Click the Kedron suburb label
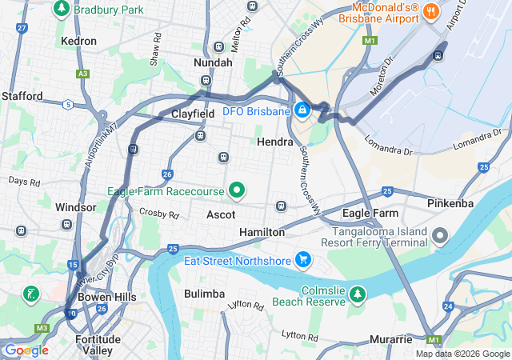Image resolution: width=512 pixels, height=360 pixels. (78, 41)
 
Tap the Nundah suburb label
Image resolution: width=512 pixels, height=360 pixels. (214, 62)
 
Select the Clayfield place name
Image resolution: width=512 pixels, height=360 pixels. (193, 114)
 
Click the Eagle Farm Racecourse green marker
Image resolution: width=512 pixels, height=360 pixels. (236, 191)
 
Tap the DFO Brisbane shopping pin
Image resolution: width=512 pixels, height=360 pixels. (302, 109)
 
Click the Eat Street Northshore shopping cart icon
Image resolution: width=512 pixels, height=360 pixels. (302, 258)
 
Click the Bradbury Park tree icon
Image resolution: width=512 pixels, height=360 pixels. (62, 9)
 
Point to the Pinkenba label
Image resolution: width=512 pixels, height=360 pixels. (450, 203)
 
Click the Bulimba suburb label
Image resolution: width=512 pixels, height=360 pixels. (204, 294)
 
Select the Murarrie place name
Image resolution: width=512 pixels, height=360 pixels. (390, 340)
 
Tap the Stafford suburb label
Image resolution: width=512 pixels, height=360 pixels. (22, 96)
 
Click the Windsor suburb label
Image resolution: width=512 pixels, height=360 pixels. (76, 207)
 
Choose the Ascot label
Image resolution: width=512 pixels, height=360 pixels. (221, 215)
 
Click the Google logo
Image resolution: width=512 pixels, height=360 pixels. (26, 350)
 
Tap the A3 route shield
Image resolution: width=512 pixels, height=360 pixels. (82, 74)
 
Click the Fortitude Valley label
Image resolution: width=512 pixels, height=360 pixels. (98, 345)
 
